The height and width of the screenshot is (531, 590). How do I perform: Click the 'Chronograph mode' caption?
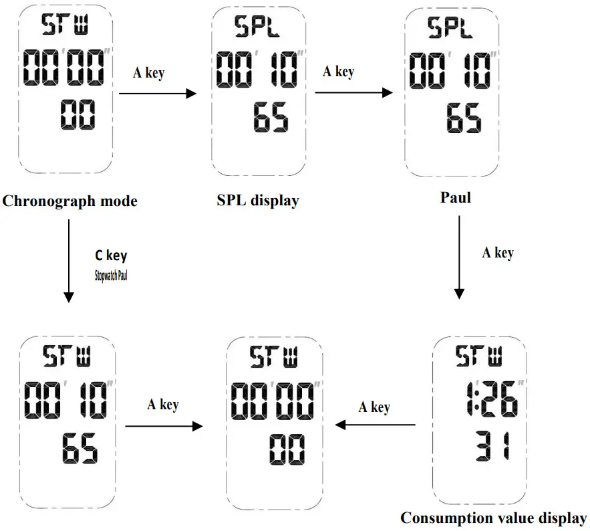[70, 201]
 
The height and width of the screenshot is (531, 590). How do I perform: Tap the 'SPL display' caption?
[258, 200]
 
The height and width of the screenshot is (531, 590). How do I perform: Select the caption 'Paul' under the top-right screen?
[456, 197]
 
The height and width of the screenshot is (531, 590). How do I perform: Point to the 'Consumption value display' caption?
[494, 517]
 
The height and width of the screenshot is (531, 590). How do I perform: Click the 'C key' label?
[111, 255]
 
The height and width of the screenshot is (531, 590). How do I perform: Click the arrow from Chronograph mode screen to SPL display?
[158, 94]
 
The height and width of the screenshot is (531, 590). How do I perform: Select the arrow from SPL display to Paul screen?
[353, 93]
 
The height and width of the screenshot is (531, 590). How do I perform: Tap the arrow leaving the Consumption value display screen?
[375, 425]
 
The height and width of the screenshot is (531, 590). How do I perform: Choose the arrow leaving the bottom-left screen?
[164, 425]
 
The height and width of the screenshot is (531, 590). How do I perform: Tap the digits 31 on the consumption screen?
[490, 447]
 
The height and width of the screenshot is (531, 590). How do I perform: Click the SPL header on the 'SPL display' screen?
[257, 26]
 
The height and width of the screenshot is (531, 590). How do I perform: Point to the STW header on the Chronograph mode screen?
[65, 25]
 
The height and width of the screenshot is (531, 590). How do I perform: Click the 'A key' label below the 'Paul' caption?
[498, 252]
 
